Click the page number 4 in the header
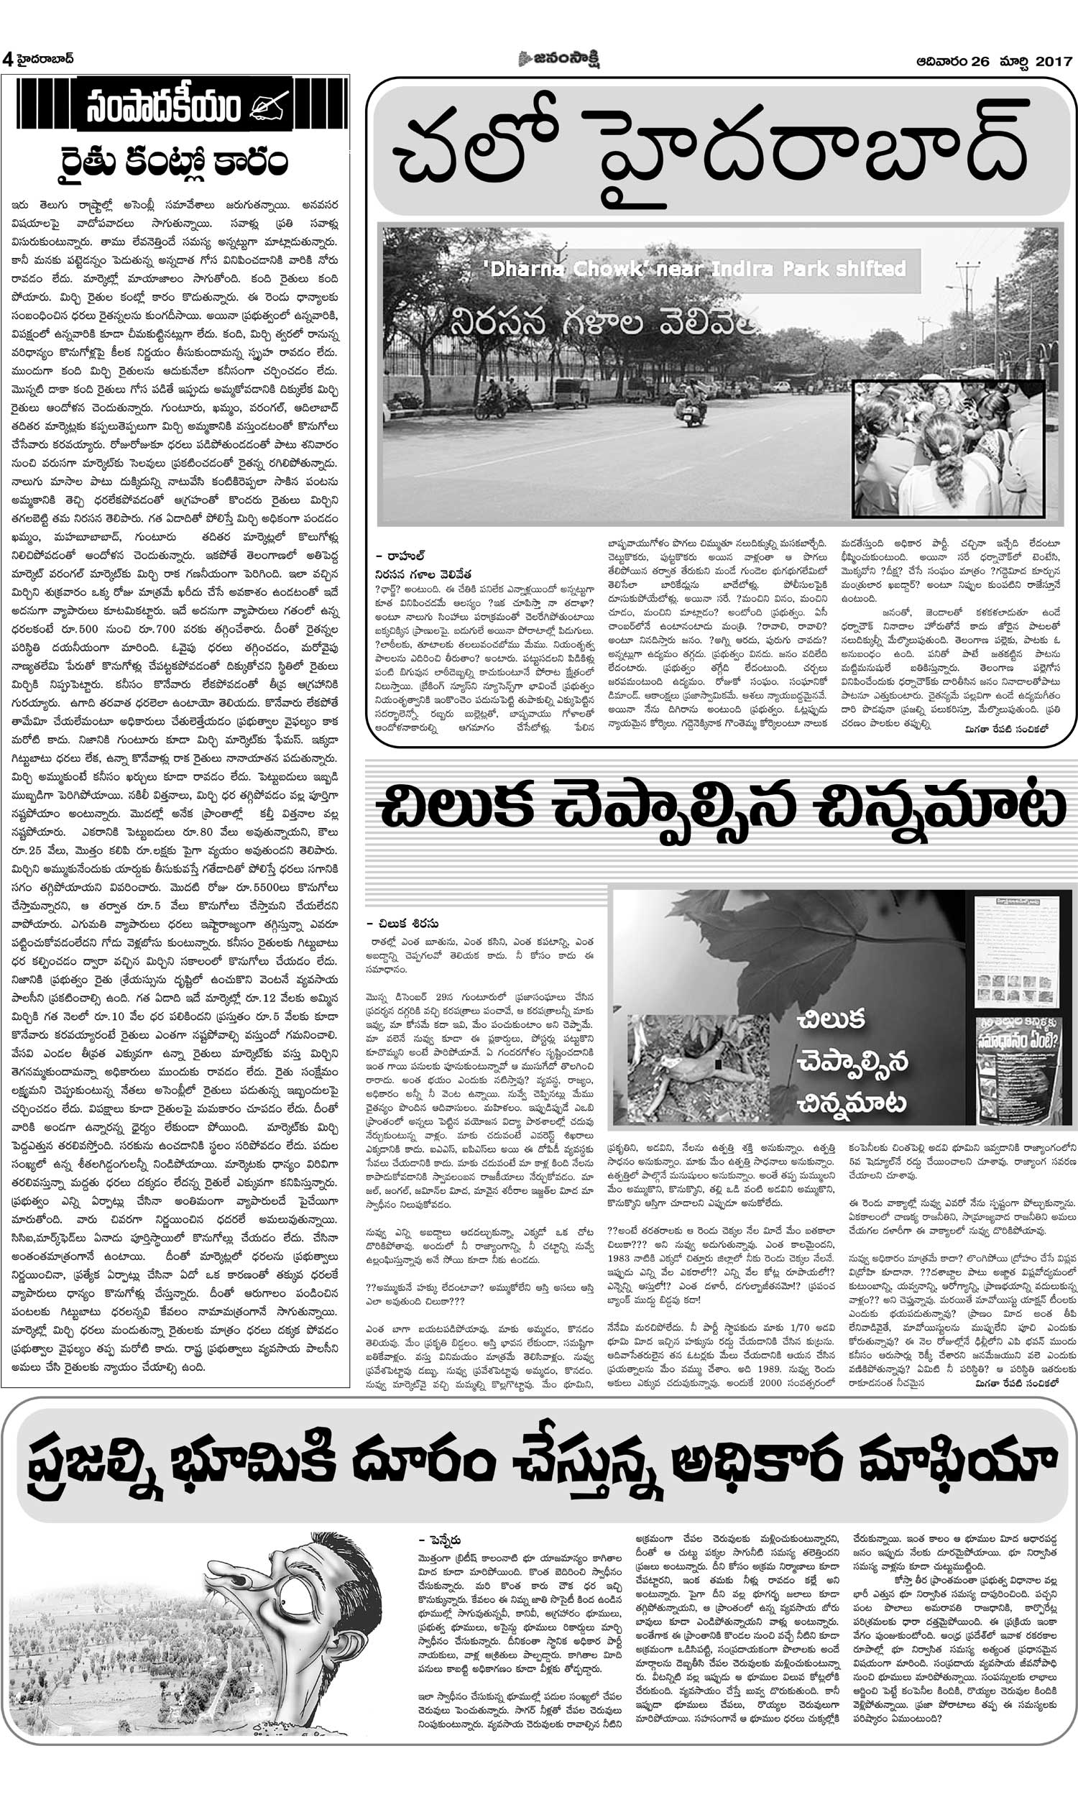click(7, 60)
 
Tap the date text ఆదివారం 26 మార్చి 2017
click(994, 62)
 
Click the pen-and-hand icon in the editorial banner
click(269, 107)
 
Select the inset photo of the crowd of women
click(947, 448)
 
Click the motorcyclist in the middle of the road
click(692, 404)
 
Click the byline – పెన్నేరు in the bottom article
click(440, 1540)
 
